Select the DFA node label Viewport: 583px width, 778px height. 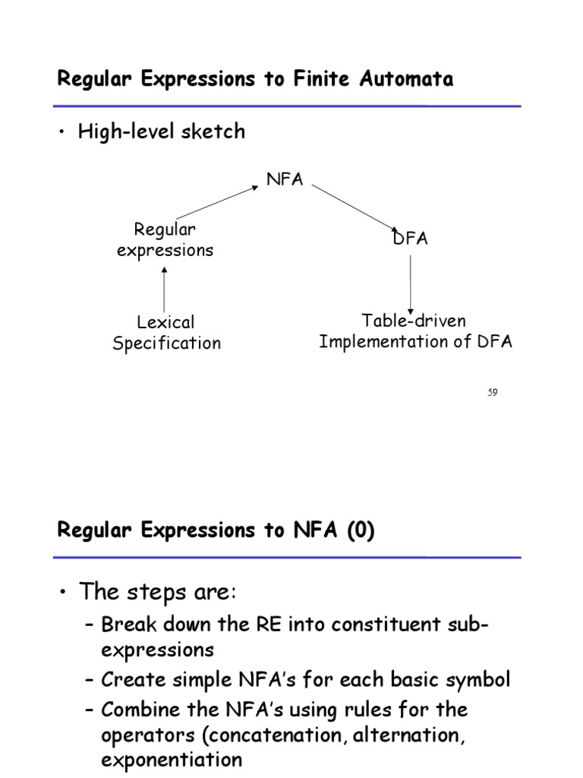411,239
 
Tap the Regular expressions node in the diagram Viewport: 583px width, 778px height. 165,239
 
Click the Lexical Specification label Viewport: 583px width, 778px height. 166,332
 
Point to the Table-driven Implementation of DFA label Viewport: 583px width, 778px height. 415,331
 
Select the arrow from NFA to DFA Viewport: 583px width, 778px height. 355,207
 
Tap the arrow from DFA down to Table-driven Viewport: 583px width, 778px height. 411,283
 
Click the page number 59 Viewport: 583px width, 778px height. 492,392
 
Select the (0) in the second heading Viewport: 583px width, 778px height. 361,531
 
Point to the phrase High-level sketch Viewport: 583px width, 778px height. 162,131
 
